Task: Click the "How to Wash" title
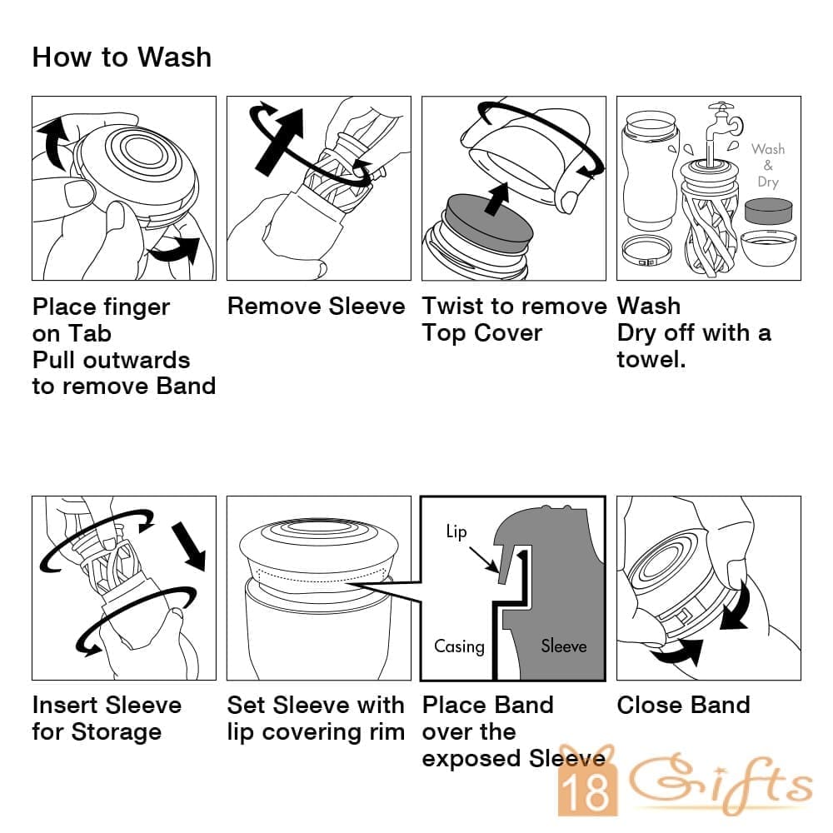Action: pyautogui.click(x=122, y=57)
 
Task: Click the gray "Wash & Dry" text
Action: pyautogui.click(x=768, y=165)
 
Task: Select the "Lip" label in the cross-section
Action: pyautogui.click(x=456, y=531)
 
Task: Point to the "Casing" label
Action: pyautogui.click(x=460, y=646)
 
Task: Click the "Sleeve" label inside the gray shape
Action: pyautogui.click(x=564, y=646)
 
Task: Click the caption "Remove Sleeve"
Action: pyautogui.click(x=316, y=307)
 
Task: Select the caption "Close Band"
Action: pyautogui.click(x=684, y=706)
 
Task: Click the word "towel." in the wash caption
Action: pyautogui.click(x=651, y=360)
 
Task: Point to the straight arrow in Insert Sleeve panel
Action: pyautogui.click(x=188, y=546)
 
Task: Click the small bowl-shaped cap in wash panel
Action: pyautogui.click(x=768, y=248)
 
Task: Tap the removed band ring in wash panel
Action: pyautogui.click(x=647, y=252)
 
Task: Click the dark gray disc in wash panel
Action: pyautogui.click(x=768, y=211)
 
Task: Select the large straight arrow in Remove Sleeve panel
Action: pyautogui.click(x=279, y=142)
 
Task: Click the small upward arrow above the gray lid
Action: pyautogui.click(x=498, y=199)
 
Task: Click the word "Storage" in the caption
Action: pyautogui.click(x=117, y=732)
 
